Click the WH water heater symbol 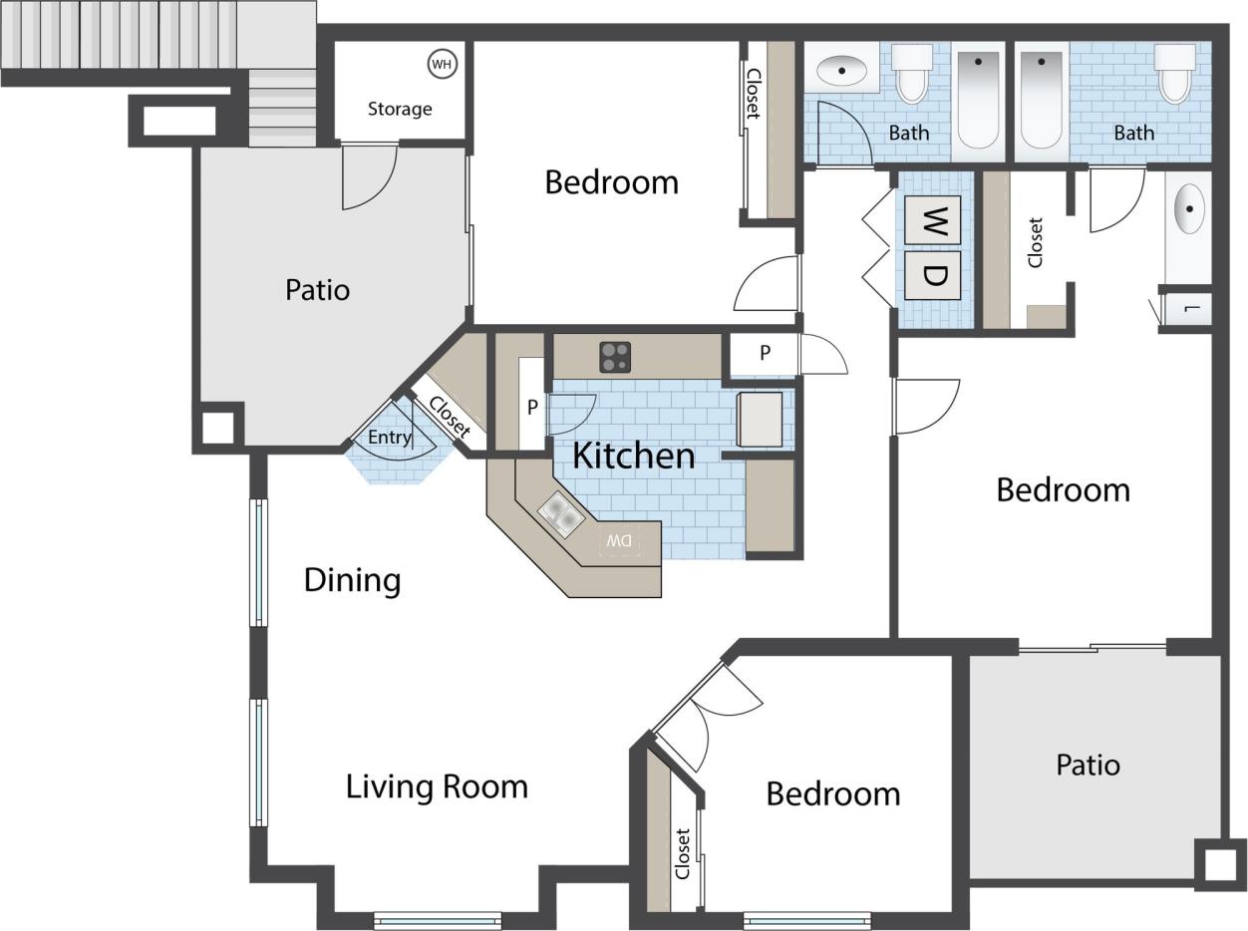click(x=442, y=65)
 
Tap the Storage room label click(x=400, y=109)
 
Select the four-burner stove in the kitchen click(x=615, y=357)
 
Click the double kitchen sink click(x=561, y=516)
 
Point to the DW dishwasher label click(x=620, y=541)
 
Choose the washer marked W click(x=932, y=219)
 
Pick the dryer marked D click(x=932, y=275)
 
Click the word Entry click(x=389, y=437)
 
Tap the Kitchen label click(x=633, y=456)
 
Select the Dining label click(x=352, y=580)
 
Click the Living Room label click(x=437, y=786)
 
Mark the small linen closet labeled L click(x=1190, y=309)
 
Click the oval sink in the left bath click(x=843, y=71)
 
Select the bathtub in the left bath click(x=978, y=100)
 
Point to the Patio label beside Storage click(x=317, y=290)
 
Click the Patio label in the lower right click(x=1088, y=766)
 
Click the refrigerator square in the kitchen click(x=760, y=419)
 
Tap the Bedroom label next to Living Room click(x=832, y=794)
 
